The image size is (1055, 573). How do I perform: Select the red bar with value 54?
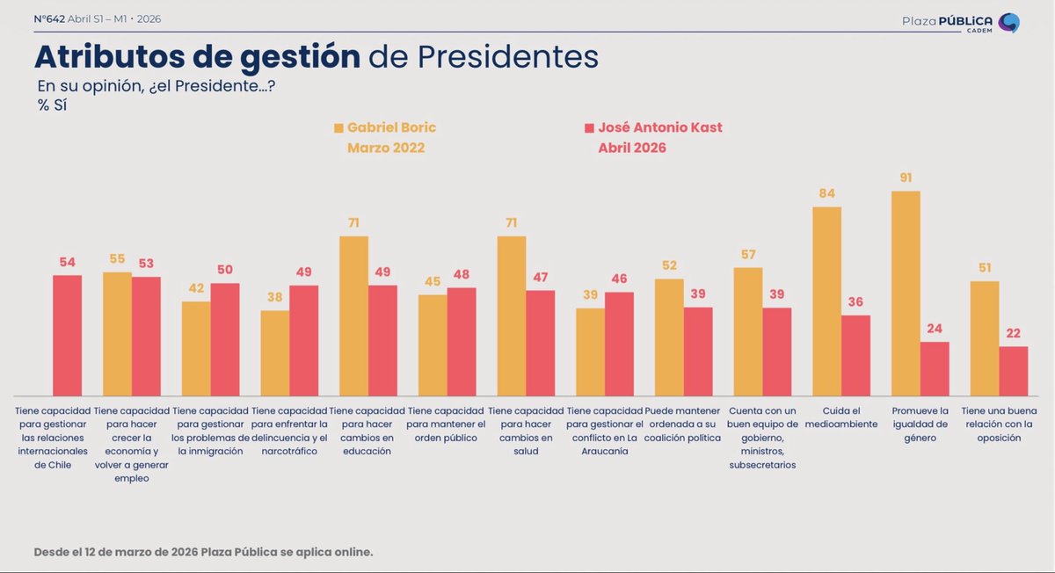(67, 335)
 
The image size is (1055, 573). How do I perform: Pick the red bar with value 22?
(1013, 371)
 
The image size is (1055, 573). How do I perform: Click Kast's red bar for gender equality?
(935, 368)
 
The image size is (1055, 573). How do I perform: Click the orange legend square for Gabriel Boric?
(338, 128)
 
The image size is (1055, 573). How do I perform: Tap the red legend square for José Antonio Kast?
(589, 128)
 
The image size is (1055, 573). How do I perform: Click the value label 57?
(747, 255)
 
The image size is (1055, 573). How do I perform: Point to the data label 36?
(855, 302)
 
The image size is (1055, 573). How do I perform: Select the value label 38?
(274, 298)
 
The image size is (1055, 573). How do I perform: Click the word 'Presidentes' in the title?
(508, 57)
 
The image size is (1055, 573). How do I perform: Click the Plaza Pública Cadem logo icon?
(1009, 23)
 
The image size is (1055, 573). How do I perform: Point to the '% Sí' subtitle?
(53, 105)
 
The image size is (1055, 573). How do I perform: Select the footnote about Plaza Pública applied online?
(203, 552)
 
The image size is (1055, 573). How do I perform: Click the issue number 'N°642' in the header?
(49, 19)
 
